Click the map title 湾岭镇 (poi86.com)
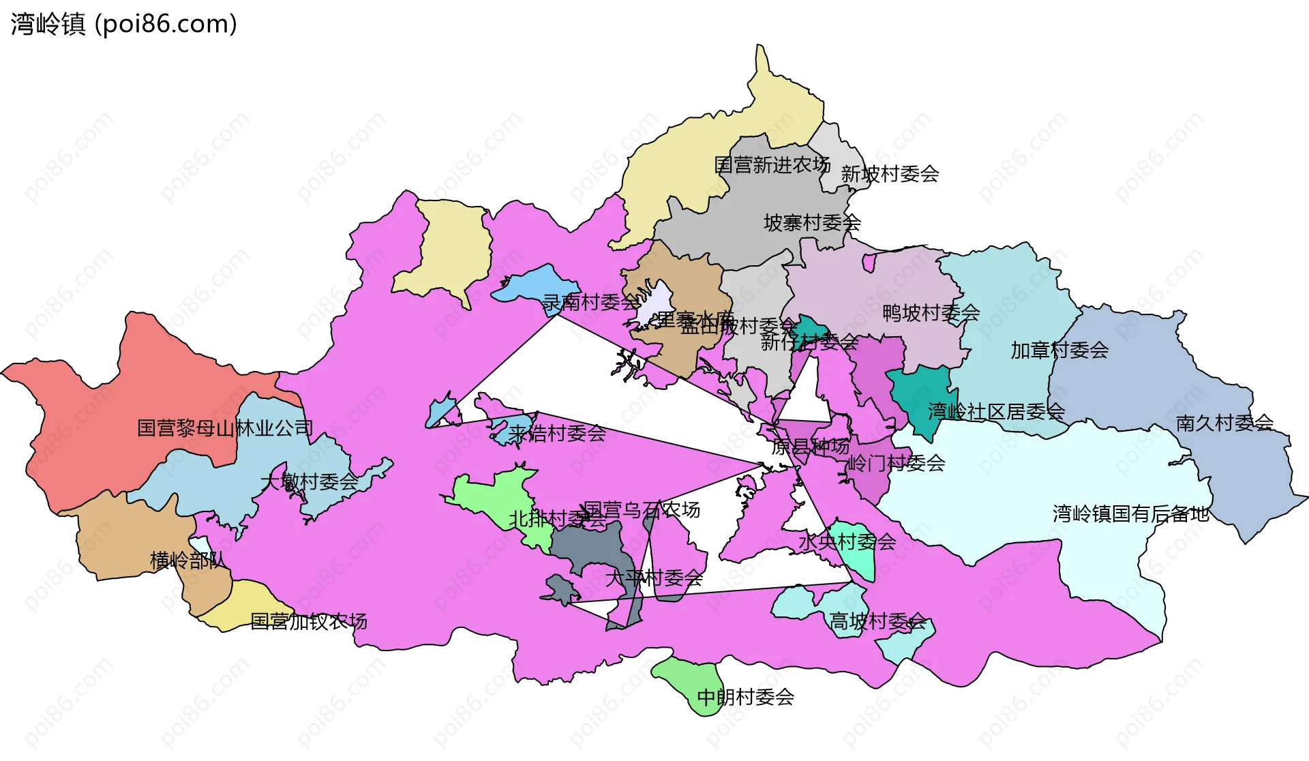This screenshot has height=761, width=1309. coord(124,24)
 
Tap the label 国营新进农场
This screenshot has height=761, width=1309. coord(772,165)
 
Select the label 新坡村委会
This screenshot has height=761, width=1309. coord(890,175)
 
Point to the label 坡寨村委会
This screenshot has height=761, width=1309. coord(812,223)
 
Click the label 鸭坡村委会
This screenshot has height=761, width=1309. coord(931,314)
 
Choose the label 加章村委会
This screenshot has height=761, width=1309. coord(1059,350)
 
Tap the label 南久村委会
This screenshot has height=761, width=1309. coord(1224,423)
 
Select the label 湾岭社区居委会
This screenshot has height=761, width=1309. coord(995,412)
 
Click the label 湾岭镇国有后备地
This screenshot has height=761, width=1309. coord(1130,514)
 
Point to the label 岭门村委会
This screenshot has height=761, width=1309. coord(896,464)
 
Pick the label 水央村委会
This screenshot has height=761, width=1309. coord(847,543)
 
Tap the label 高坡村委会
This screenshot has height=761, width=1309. coord(877,622)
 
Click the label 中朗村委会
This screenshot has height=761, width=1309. coord(745,698)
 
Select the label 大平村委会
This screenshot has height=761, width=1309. coord(654,579)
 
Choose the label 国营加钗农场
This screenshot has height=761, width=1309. coord(309,622)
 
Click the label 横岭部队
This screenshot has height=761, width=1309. coord(187,561)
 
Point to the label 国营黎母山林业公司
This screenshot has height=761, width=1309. coord(225,429)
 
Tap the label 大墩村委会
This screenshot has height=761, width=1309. coord(309,482)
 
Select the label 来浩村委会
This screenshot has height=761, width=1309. coord(557,434)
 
